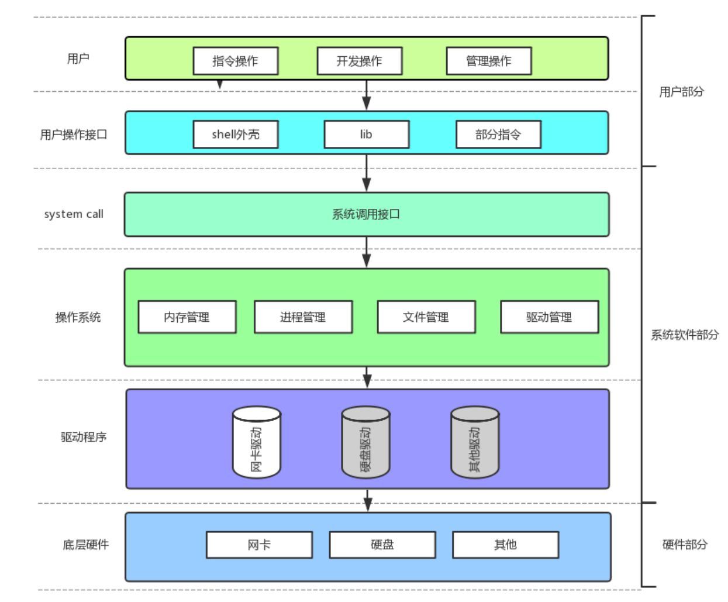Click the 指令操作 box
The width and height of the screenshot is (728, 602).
pyautogui.click(x=236, y=61)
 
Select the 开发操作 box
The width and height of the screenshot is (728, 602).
pyautogui.click(x=360, y=61)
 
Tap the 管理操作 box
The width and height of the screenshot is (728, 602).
pyautogui.click(x=489, y=61)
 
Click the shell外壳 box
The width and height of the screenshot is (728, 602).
pyautogui.click(x=236, y=135)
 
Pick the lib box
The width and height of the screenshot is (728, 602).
pyautogui.click(x=367, y=135)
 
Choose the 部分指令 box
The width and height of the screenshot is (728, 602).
pyautogui.click(x=498, y=135)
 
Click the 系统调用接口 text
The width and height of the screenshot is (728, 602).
pyautogui.click(x=366, y=215)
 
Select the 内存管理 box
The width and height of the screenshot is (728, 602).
pyautogui.click(x=187, y=317)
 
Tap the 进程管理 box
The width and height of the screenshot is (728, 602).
pyautogui.click(x=303, y=317)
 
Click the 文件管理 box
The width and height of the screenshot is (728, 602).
pyautogui.click(x=426, y=317)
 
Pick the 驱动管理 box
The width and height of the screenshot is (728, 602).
pyautogui.click(x=550, y=317)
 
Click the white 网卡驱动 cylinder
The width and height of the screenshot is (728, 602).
pyautogui.click(x=257, y=443)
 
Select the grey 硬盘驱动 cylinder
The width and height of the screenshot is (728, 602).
pyautogui.click(x=366, y=443)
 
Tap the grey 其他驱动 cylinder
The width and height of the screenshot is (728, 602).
pyautogui.click(x=475, y=443)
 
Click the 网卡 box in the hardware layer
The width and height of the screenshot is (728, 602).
pyautogui.click(x=259, y=545)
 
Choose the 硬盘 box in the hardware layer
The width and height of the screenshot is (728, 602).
pyautogui.click(x=382, y=545)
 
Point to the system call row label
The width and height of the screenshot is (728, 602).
pyautogui.click(x=74, y=214)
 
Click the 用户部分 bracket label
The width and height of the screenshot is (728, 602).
pyautogui.click(x=682, y=92)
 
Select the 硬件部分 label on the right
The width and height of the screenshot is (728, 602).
pyautogui.click(x=685, y=545)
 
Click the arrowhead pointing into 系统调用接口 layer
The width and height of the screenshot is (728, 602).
pyautogui.click(x=367, y=185)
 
